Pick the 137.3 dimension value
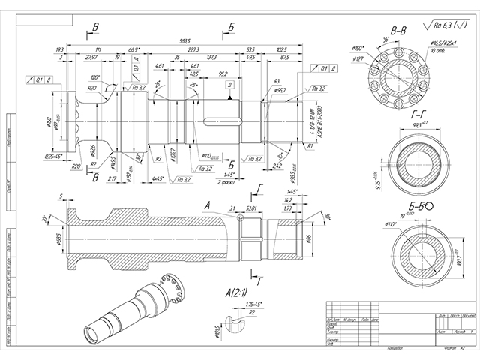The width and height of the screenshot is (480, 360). coord(211,57)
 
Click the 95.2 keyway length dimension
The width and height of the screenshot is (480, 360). coord(223,74)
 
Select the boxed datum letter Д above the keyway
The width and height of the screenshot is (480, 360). coord(228,85)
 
